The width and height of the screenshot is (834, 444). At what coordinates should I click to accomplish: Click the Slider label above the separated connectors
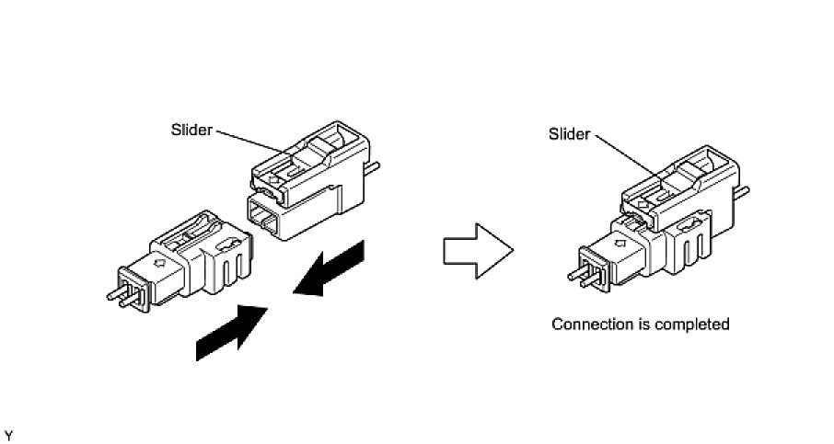tap(191, 130)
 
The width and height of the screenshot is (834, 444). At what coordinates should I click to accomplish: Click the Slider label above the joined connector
tap(569, 134)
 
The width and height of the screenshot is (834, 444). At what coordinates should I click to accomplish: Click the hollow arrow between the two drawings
tap(477, 249)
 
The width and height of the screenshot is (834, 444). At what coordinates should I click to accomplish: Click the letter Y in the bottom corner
tap(8, 432)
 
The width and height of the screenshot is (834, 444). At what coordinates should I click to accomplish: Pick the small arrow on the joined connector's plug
tap(616, 247)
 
